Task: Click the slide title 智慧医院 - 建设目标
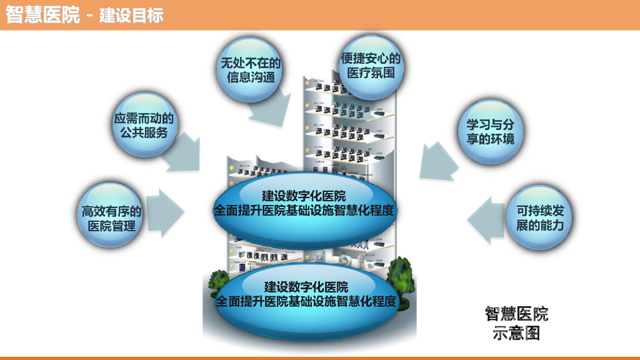point(84,15)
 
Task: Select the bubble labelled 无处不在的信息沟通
point(249,69)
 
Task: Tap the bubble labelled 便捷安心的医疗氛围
point(370,66)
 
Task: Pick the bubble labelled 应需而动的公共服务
point(144,124)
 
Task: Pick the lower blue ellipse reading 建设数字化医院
point(306,294)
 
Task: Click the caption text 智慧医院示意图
point(516,323)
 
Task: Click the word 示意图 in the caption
point(516,333)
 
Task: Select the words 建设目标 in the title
point(132,15)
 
